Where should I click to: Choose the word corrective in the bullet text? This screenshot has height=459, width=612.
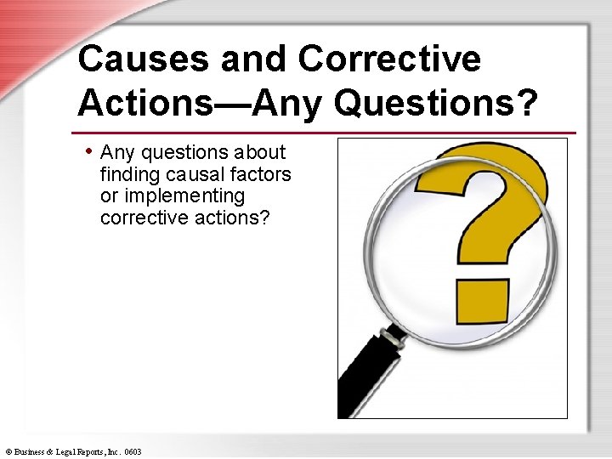click(x=139, y=218)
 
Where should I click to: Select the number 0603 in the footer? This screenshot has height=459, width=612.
click(x=132, y=451)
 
